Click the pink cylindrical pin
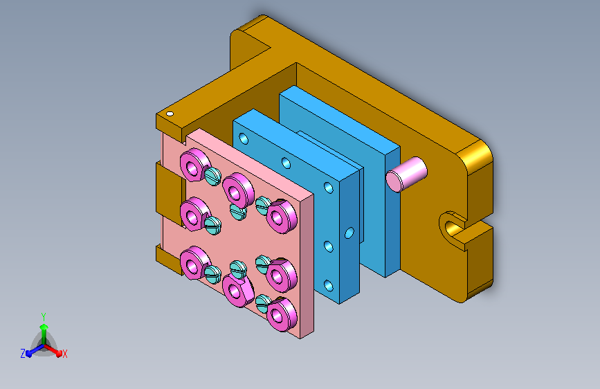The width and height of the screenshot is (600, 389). [x=406, y=174]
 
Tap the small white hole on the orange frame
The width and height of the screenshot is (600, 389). [x=170, y=114]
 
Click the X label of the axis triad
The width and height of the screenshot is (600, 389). [x=64, y=354]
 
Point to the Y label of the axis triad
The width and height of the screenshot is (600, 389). [x=44, y=316]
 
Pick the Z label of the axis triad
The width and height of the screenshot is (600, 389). [x=23, y=354]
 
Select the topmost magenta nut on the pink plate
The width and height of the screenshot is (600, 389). [x=194, y=165]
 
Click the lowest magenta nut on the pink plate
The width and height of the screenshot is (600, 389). [x=282, y=314]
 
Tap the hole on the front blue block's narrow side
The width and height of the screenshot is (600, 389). [x=349, y=233]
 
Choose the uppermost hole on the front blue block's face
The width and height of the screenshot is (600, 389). [x=244, y=138]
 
